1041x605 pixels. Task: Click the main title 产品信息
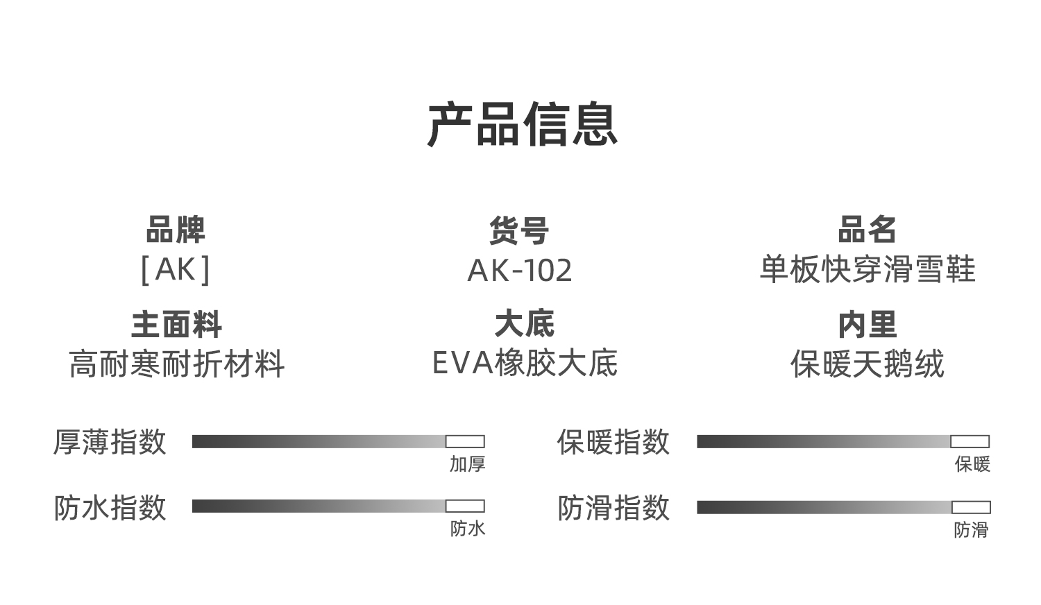click(x=523, y=124)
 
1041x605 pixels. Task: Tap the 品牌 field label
click(x=175, y=230)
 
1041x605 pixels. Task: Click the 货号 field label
click(x=519, y=230)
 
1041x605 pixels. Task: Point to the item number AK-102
click(x=520, y=271)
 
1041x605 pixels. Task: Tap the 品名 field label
click(x=867, y=230)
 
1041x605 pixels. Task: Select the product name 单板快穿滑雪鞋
click(x=867, y=269)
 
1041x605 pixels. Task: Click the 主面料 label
click(x=176, y=325)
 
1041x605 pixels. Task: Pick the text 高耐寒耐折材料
click(x=176, y=364)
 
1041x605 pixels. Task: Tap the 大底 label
click(x=524, y=324)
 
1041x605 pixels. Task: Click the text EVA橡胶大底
click(x=525, y=363)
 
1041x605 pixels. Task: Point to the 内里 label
click(x=867, y=325)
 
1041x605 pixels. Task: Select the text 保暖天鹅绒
click(x=867, y=364)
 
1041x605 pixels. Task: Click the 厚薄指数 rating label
click(x=110, y=442)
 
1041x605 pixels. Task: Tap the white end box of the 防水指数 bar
click(x=465, y=506)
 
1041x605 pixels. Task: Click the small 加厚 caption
click(x=467, y=464)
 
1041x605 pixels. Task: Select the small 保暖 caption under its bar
click(x=972, y=464)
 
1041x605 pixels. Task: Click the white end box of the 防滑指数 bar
click(x=972, y=507)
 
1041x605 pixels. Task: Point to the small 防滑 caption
click(x=972, y=530)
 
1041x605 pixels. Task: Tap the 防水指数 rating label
click(x=110, y=507)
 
